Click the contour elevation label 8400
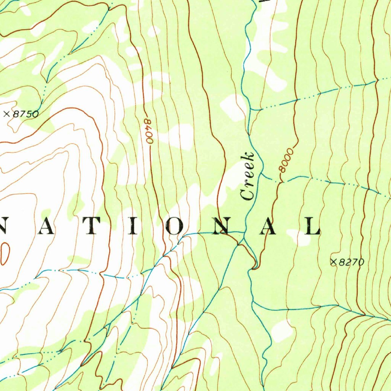pos(149,131)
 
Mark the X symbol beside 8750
pos(6,114)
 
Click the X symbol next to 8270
pos(333,262)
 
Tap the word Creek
pos(248,176)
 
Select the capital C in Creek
pos(247,194)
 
